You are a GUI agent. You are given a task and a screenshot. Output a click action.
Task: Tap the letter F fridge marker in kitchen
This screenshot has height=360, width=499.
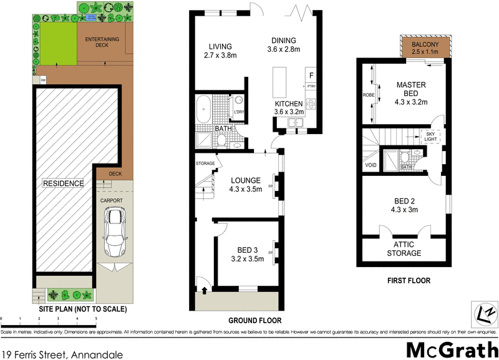(310, 75)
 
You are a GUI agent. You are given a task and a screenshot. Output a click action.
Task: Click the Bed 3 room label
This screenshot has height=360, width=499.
(248, 254)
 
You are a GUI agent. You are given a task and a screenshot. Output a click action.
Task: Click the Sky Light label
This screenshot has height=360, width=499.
(430, 136)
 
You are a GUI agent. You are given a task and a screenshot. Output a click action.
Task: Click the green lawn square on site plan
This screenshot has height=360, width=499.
(54, 44)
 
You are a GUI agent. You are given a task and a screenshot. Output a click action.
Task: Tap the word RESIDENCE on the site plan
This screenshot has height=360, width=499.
(63, 183)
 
